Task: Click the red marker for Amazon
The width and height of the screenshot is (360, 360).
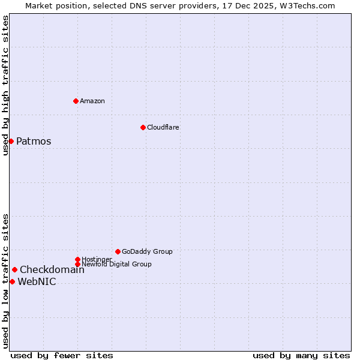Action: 76,101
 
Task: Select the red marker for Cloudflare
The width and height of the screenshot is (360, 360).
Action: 143,127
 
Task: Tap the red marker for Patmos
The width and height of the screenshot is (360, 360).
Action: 11,141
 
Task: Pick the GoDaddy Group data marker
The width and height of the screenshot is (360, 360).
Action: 118,251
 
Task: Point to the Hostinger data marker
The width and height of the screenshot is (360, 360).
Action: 77,259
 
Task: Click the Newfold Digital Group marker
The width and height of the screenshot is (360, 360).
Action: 77,264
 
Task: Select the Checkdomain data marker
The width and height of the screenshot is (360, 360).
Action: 14,269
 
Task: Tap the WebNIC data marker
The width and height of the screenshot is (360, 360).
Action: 12,281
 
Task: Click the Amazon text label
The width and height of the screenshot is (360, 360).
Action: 92,101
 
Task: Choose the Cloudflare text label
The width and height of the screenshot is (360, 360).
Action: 163,127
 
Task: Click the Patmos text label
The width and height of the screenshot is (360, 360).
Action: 34,142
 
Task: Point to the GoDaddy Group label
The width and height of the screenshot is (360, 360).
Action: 147,251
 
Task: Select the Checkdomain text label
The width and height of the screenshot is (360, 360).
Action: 52,269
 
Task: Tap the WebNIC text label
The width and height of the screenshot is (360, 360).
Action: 37,282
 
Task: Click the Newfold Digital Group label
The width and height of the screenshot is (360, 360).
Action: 116,264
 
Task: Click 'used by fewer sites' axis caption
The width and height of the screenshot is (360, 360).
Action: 62,355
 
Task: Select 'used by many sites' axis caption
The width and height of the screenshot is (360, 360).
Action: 301,355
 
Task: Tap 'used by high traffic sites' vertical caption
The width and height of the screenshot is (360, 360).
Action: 5,85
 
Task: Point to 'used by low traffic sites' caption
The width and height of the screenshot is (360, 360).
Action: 5,281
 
